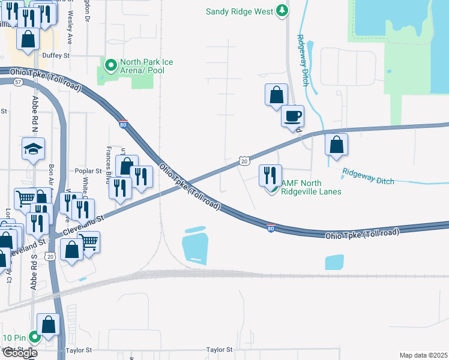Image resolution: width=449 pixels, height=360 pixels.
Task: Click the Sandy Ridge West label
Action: click(x=240, y=11)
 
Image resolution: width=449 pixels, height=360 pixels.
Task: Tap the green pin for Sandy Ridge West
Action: click(x=282, y=11)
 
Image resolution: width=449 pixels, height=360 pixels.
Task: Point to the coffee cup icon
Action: click(x=293, y=116)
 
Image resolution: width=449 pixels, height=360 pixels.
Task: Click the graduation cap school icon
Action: click(x=33, y=149)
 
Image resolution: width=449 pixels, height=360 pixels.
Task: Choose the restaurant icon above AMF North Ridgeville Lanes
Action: click(x=270, y=175)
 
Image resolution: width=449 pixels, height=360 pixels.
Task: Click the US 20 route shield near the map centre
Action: click(x=244, y=161)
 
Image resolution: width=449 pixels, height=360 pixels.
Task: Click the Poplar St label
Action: click(x=85, y=170)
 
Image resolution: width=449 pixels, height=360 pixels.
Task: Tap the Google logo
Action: click(x=19, y=353)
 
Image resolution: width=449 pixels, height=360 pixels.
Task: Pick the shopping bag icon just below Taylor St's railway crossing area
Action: click(x=48, y=325)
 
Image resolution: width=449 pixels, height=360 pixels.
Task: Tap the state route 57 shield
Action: click(x=19, y=81)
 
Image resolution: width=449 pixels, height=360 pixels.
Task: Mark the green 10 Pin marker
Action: click(x=34, y=337)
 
